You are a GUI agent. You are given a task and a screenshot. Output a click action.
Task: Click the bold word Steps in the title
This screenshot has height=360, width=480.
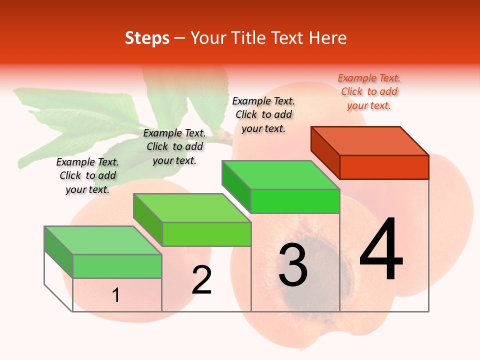pos(147,38)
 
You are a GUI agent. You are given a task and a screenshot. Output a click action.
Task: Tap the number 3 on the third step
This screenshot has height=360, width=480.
pos(293,265)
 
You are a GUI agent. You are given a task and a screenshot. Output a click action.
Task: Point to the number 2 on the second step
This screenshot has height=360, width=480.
pos(202,280)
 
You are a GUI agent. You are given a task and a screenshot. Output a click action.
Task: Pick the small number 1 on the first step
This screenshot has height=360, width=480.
pos(116,295)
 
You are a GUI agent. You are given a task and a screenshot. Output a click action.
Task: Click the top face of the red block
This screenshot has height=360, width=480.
pos(370,140)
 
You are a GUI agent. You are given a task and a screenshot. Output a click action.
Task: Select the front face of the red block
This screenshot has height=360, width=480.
pos(384,167)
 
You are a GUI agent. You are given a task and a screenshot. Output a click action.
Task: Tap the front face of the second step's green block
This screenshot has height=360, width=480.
pos(206,234)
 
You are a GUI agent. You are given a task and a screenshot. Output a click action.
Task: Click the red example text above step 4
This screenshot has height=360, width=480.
pos(369,91)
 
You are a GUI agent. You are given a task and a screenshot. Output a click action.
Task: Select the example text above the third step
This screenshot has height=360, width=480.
pos(263,114)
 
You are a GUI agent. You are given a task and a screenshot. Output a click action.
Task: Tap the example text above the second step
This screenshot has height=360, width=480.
pos(174,146)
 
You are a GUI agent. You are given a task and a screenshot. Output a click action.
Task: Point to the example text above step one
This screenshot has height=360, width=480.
pos(87,175)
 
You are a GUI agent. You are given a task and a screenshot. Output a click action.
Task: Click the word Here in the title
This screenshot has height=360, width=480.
pos(328,38)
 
